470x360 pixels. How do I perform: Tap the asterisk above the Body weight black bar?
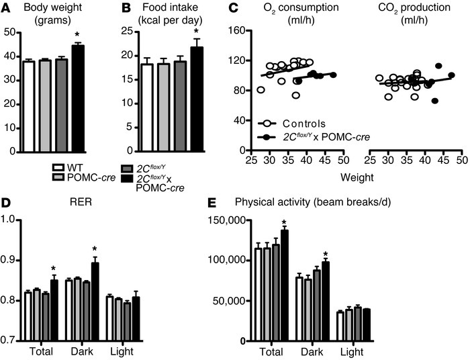click(x=79, y=37)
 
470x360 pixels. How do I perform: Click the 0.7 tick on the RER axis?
click(x=10, y=341)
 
